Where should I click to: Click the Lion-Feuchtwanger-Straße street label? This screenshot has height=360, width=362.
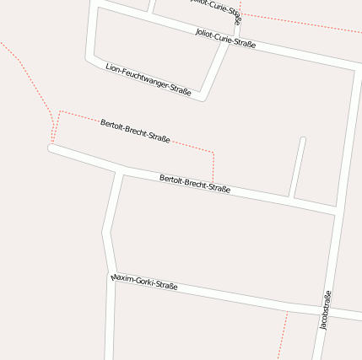(149, 78)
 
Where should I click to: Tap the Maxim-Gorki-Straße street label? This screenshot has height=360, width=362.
(144, 282)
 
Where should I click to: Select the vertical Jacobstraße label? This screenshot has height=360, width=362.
(326, 309)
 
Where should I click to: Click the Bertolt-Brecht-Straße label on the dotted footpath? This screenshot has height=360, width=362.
(135, 131)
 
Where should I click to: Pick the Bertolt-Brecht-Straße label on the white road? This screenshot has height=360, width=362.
(195, 183)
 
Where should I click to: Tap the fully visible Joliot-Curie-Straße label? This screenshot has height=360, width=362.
(225, 39)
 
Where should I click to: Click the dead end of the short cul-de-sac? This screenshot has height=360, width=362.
(302, 140)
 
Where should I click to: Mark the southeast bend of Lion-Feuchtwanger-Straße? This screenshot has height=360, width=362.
(203, 98)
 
